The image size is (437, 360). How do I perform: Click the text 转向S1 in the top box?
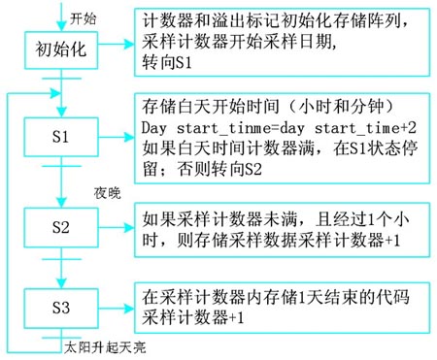165,60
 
